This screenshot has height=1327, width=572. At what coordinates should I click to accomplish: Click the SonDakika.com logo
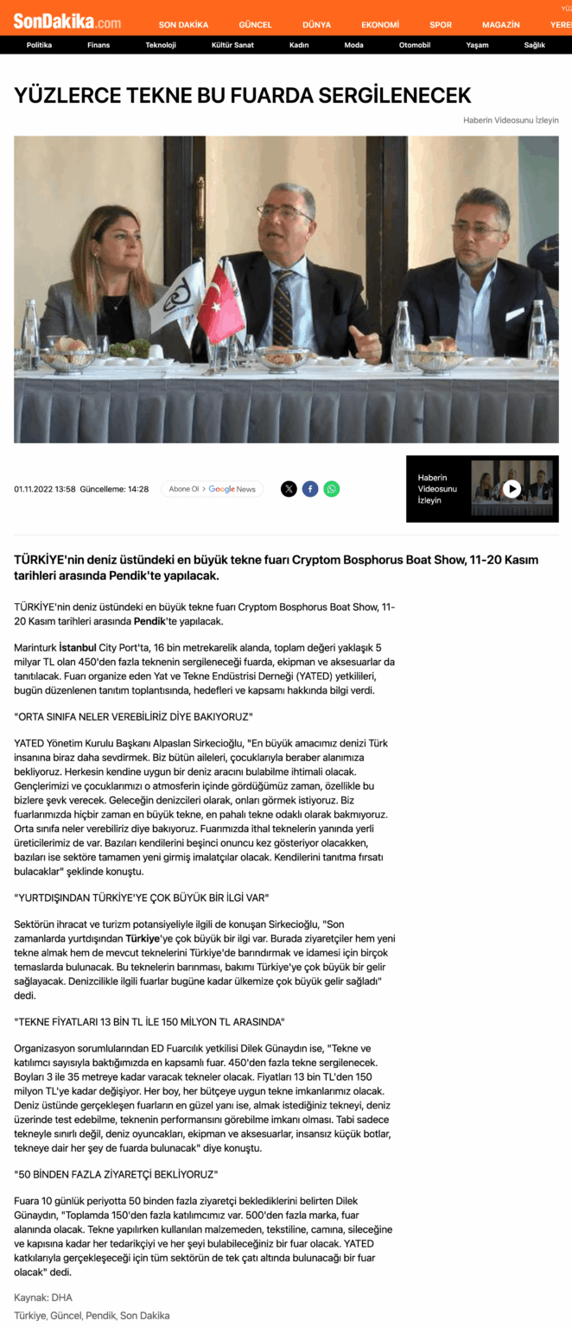[x=67, y=22]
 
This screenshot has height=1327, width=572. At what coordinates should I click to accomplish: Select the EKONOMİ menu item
[x=380, y=25]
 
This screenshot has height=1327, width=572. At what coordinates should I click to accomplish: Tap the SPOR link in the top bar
[x=441, y=25]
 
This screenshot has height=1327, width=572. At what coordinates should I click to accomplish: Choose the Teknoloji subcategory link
[x=161, y=45]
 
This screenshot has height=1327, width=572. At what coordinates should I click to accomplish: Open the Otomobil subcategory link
[x=415, y=45]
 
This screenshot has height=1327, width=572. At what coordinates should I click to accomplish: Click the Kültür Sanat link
[x=232, y=45]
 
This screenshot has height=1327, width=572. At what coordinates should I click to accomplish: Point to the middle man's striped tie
[x=283, y=307]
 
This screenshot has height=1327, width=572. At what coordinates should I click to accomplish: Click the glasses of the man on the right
[x=477, y=229]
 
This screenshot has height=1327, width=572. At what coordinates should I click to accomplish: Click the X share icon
[x=289, y=489]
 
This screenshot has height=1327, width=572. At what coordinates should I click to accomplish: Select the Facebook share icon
[x=310, y=489]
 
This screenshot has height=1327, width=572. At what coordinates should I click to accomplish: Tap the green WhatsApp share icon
[x=332, y=489]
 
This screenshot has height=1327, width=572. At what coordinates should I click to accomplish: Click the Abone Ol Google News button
[x=213, y=489]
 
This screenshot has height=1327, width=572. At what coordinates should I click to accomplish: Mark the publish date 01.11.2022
[x=33, y=489]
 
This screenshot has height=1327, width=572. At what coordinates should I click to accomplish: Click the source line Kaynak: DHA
[x=43, y=1298]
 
